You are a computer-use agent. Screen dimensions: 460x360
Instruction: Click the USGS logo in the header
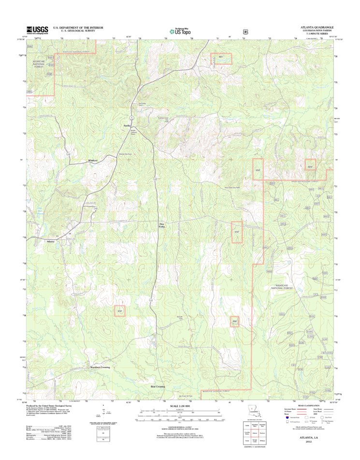37,30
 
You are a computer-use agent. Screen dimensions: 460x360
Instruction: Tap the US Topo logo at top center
180,30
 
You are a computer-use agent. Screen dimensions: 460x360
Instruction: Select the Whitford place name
93,160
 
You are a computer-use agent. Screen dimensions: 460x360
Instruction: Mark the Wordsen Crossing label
100,368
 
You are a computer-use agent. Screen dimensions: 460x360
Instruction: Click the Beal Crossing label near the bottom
158,386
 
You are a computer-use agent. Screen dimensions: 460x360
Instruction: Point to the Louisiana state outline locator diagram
252,411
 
